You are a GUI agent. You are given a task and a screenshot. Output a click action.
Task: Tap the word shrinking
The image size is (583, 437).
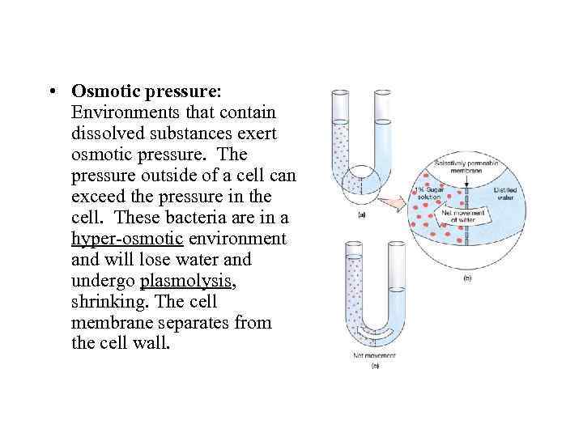pyautogui.click(x=104, y=302)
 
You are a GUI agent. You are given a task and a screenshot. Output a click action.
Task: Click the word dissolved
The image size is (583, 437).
pyautogui.click(x=109, y=133)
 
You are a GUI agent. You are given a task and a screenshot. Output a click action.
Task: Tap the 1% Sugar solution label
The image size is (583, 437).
pyautogui.click(x=431, y=195)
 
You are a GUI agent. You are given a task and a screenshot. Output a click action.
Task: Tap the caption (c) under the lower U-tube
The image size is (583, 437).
pyautogui.click(x=375, y=366)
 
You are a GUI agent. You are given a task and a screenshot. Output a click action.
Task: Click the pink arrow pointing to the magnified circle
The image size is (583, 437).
pyautogui.click(x=396, y=202)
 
